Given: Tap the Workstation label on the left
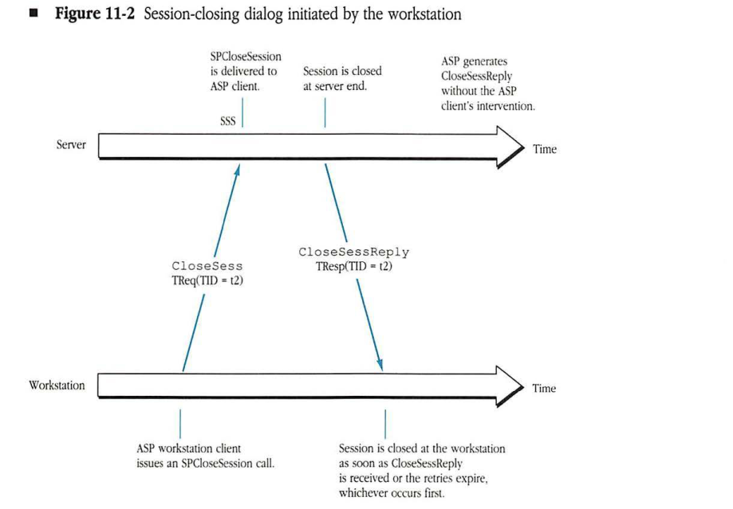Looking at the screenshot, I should [57, 386].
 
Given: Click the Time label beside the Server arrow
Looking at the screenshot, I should [545, 150].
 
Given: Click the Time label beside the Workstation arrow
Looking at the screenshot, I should [545, 389].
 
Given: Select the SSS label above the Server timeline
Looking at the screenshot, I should [228, 121].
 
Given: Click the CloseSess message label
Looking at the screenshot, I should [207, 267].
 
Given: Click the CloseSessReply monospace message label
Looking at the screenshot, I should [354, 252].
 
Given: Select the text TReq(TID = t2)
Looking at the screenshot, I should [207, 280].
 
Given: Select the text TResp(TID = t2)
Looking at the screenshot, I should [354, 266].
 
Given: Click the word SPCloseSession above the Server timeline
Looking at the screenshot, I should [245, 57].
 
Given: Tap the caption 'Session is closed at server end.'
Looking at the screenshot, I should [342, 78].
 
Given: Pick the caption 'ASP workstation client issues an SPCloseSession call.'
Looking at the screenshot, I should [206, 456].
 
